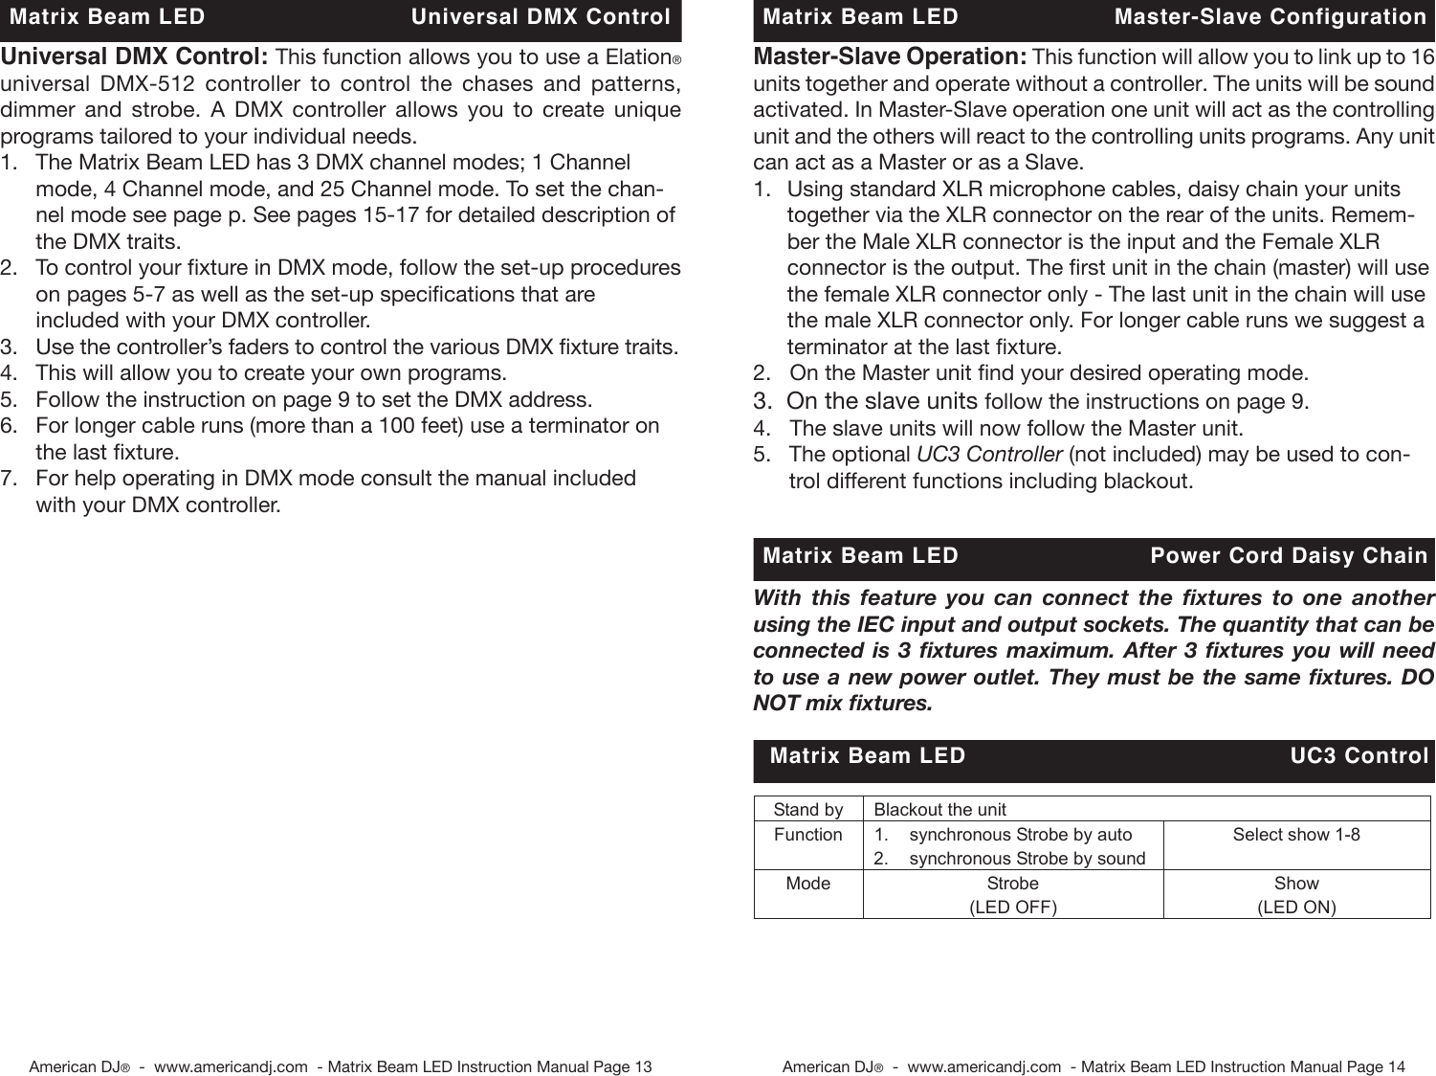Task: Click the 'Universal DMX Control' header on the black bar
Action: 541,17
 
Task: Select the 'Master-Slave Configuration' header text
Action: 1270,17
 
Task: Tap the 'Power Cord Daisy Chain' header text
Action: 1288,556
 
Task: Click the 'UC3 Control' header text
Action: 1359,756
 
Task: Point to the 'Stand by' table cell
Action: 808,810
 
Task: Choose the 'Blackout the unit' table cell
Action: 940,810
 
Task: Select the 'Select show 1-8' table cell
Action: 1296,835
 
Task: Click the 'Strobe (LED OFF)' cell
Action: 1013,894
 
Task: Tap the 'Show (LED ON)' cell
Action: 1296,894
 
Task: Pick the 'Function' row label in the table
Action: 808,835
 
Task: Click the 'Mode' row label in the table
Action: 808,884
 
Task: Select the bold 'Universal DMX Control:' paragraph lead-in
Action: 134,56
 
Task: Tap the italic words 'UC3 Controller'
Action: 988,454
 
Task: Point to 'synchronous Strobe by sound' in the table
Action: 1027,859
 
